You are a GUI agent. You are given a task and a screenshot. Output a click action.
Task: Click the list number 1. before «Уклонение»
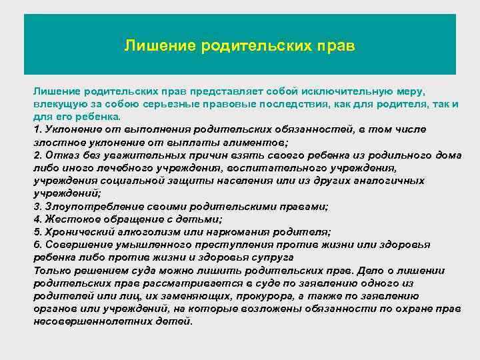click(x=37, y=129)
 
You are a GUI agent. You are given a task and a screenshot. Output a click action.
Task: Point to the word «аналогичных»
click(x=387, y=180)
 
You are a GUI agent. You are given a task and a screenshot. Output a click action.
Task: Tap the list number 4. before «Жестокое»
click(x=37, y=219)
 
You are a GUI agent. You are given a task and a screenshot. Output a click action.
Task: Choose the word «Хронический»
click(x=73, y=232)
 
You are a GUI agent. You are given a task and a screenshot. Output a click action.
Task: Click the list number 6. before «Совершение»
click(x=37, y=245)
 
